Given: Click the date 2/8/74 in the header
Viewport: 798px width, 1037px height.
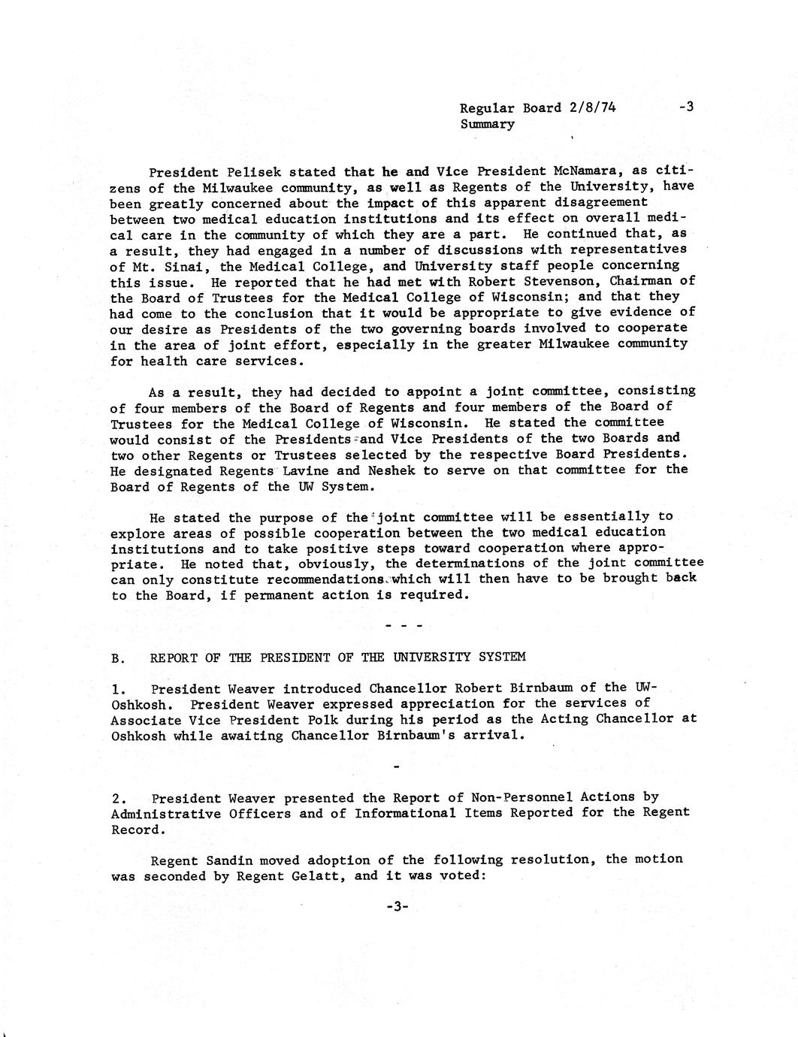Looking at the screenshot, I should (x=593, y=107).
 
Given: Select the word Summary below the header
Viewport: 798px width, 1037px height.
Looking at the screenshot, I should (x=487, y=124).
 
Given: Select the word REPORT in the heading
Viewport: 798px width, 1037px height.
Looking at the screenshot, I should (x=174, y=658).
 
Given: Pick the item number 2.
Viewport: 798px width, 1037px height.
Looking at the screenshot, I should (x=117, y=798).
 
